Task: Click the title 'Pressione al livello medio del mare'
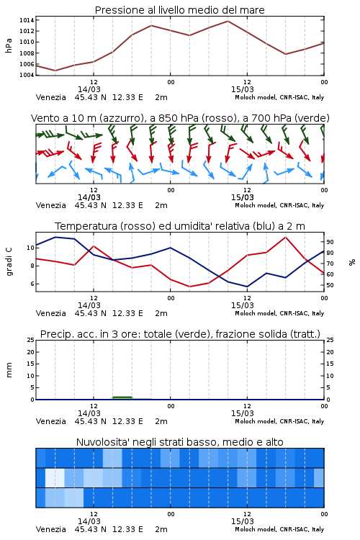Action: (x=179, y=10)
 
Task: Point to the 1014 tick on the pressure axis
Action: (x=27, y=20)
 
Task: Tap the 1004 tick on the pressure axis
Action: (x=27, y=75)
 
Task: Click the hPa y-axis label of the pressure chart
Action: (x=9, y=45)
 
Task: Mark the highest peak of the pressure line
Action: (x=228, y=21)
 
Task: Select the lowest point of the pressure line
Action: (x=55, y=71)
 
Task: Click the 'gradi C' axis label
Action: (x=9, y=261)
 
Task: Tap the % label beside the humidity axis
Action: (x=352, y=262)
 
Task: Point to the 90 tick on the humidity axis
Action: (x=330, y=242)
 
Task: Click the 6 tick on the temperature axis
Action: (x=32, y=284)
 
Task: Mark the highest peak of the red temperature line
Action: (x=285, y=237)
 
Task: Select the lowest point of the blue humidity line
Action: (x=247, y=287)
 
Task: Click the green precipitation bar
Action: (x=122, y=397)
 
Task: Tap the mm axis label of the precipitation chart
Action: (x=9, y=369)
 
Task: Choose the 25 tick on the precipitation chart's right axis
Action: (x=330, y=340)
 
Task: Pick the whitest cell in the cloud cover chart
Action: (x=55, y=477)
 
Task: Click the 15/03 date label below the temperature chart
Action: (x=243, y=305)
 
